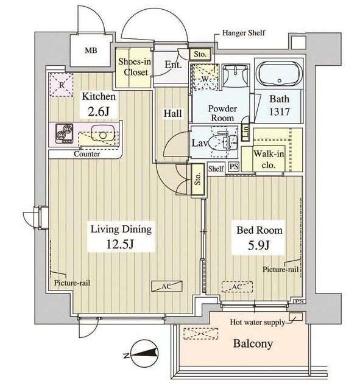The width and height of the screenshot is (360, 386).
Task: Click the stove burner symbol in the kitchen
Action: point(64,133)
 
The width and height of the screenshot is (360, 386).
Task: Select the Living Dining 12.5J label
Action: point(120,237)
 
